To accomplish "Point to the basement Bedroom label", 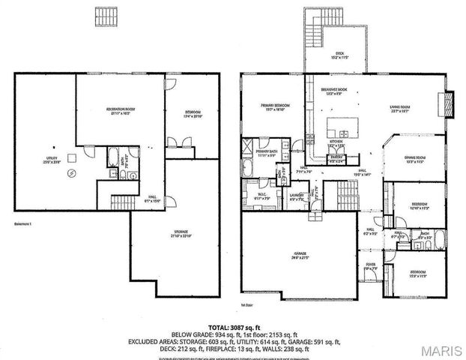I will [x=194, y=115].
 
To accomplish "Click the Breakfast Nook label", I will [x=332, y=91].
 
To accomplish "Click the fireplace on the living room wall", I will [x=448, y=101].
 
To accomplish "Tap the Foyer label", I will [x=370, y=265].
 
